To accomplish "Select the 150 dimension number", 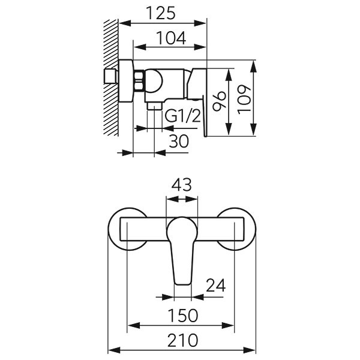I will click(x=180, y=315).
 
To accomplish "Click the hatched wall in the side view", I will click(x=111, y=75).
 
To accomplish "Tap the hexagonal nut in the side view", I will click(x=137, y=81).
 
